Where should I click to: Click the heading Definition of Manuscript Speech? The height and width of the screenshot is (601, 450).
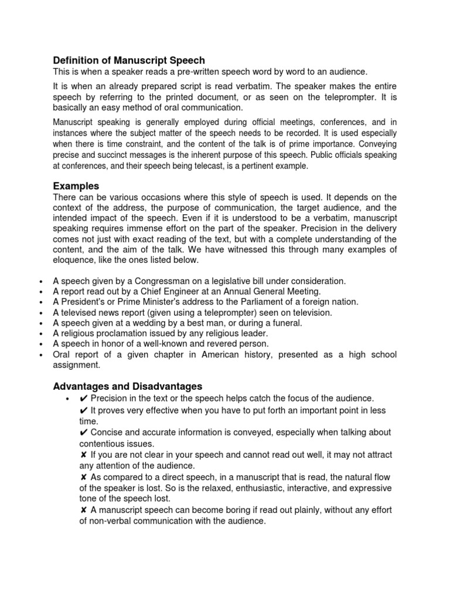pos(129,60)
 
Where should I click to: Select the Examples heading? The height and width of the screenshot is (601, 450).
pos(76,186)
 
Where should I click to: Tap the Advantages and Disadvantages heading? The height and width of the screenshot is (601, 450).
pos(128,386)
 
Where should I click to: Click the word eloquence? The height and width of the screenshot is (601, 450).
pos(73,260)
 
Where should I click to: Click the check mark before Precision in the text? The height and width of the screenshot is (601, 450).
pos(83,399)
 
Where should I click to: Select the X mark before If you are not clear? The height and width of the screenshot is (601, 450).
pos(83,455)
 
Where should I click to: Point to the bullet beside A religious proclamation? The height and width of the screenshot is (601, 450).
pos(40,334)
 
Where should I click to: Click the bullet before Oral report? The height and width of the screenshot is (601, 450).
pos(40,355)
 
